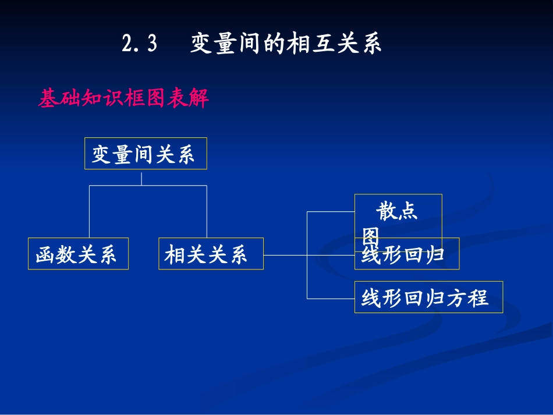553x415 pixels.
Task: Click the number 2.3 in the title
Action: (x=140, y=44)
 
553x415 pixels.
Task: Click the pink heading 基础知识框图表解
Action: (x=123, y=98)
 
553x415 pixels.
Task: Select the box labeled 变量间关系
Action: (x=145, y=154)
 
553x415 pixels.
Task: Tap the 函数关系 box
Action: (x=78, y=254)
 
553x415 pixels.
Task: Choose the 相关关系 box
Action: (x=210, y=254)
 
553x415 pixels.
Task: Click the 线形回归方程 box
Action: (x=428, y=297)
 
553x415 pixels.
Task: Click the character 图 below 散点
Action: (x=371, y=236)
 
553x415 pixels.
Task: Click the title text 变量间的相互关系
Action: (x=286, y=44)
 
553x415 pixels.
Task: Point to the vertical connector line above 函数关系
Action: (x=89, y=212)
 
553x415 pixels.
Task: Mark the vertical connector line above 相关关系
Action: (x=207, y=212)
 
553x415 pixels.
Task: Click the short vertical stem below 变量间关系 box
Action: (x=141, y=178)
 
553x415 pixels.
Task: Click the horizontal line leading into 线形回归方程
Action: (x=331, y=299)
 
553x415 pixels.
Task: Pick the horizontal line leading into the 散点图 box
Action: (x=331, y=212)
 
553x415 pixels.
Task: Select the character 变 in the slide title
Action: (x=201, y=44)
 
